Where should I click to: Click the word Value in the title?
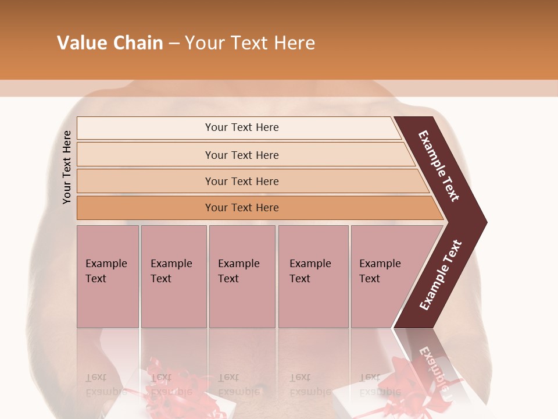click(80, 43)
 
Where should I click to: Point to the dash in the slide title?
click(174, 44)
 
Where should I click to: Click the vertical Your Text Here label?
click(67, 167)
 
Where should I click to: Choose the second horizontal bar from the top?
click(242, 155)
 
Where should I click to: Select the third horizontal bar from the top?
click(242, 181)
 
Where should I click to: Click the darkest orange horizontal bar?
click(242, 208)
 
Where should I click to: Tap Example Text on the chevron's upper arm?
click(439, 166)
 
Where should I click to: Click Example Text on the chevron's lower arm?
click(441, 275)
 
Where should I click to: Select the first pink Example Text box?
click(108, 276)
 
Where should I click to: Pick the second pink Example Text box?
click(173, 276)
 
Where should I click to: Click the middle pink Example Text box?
click(242, 276)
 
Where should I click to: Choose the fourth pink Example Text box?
click(313, 276)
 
